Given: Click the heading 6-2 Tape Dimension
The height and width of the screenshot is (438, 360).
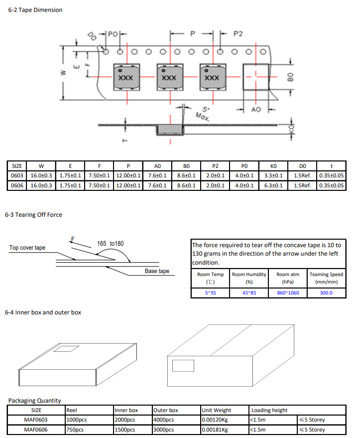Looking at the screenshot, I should click(35, 10).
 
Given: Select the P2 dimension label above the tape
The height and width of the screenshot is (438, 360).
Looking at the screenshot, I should click(238, 33).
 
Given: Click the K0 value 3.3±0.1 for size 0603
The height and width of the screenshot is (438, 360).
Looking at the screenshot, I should click(273, 175).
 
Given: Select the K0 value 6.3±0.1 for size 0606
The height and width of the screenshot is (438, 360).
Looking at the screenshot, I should click(273, 185).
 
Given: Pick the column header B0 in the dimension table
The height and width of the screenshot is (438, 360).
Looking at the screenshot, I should click(186, 166).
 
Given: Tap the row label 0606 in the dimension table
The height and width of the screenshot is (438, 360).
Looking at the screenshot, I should click(17, 185).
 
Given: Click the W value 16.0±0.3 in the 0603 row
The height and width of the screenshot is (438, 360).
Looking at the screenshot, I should click(41, 175).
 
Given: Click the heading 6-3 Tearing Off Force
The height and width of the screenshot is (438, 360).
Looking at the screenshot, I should click(33, 215).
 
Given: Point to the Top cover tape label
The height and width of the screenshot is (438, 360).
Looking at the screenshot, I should click(27, 248).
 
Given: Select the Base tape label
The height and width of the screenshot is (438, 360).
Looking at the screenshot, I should click(157, 271).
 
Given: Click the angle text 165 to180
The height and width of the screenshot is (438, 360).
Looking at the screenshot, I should click(111, 244).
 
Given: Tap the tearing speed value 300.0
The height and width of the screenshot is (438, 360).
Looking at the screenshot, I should click(326, 292).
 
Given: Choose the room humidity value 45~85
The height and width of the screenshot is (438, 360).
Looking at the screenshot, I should click(249, 292).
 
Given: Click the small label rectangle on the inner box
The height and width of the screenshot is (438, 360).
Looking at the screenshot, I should click(63, 348).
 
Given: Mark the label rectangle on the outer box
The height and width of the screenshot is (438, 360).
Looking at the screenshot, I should click(183, 365).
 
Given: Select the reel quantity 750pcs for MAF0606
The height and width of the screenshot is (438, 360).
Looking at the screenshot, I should click(75, 430).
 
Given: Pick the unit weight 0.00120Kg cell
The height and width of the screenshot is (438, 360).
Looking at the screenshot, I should click(215, 420).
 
